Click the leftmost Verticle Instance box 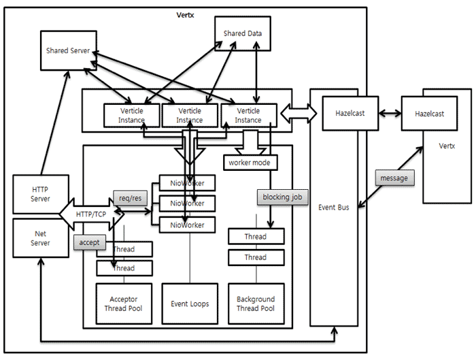coord(131,115)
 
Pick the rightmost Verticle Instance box coord(248,115)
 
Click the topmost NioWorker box coord(186,183)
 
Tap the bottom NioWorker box coord(186,225)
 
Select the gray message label coord(394,178)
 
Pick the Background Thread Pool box coord(256,304)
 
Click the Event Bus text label coord(334,207)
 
